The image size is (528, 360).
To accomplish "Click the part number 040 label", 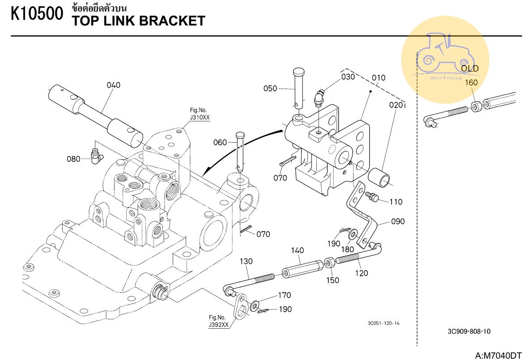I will pyautogui.click(x=113, y=85).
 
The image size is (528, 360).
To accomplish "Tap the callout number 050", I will pyautogui.click(x=270, y=89).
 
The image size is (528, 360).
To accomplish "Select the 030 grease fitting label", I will pyautogui.click(x=348, y=76).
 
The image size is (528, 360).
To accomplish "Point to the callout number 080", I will pyautogui.click(x=73, y=159).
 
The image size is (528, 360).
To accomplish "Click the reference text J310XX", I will pyautogui.click(x=199, y=118).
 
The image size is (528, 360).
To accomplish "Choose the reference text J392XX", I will pyautogui.click(x=218, y=325).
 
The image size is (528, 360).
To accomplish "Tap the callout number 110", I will pyautogui.click(x=396, y=202).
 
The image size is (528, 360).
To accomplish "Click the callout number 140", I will pyautogui.click(x=298, y=250).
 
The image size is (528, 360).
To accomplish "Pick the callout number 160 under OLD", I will pyautogui.click(x=471, y=82).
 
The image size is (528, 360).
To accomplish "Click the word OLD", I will pyautogui.click(x=470, y=68).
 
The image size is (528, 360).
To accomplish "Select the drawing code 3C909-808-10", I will pyautogui.click(x=468, y=331).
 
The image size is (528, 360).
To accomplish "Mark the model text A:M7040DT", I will pyautogui.click(x=498, y=356).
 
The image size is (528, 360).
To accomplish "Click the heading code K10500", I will pyautogui.click(x=37, y=14).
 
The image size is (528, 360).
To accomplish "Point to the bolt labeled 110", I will pyautogui.click(x=372, y=196).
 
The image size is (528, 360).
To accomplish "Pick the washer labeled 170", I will pyautogui.click(x=254, y=305).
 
